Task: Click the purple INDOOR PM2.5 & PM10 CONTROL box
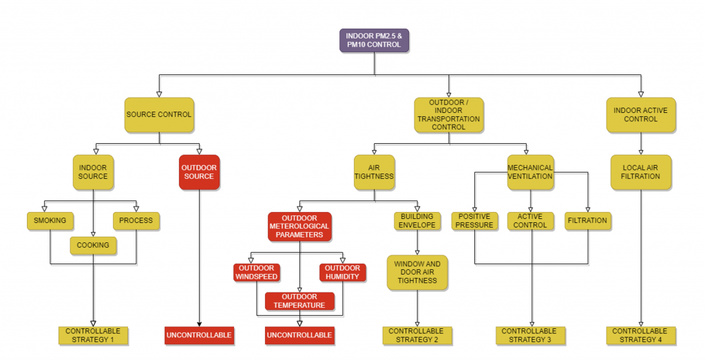(x=374, y=41)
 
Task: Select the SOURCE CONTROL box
(x=159, y=114)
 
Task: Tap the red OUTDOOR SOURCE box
(x=199, y=172)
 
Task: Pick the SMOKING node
(x=50, y=221)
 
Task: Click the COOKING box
(x=93, y=246)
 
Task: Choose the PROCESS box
(x=136, y=221)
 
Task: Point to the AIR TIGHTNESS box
(x=374, y=172)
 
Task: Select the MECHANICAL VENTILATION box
(x=530, y=172)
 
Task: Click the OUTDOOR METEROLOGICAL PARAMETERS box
(x=299, y=226)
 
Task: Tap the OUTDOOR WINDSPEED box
(x=257, y=273)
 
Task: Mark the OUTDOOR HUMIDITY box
(x=343, y=273)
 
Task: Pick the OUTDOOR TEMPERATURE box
(x=299, y=301)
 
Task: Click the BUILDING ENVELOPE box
(x=417, y=221)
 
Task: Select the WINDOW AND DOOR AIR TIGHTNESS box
(x=417, y=273)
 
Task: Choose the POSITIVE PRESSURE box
(x=474, y=221)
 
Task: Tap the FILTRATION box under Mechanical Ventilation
(x=588, y=221)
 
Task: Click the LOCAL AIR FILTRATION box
(x=641, y=172)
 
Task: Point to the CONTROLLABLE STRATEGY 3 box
(x=530, y=335)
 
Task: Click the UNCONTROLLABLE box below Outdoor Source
(x=199, y=335)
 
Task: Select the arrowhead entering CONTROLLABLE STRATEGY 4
(x=641, y=324)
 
